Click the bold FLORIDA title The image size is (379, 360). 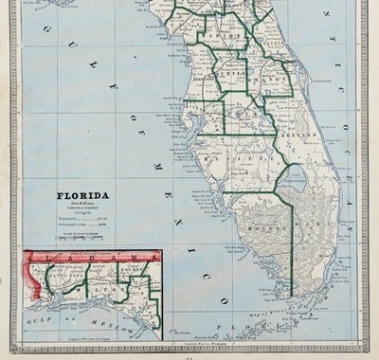82,196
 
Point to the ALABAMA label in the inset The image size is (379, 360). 81,258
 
